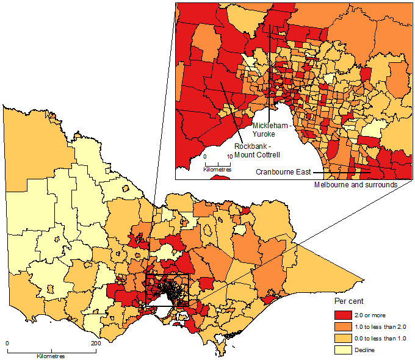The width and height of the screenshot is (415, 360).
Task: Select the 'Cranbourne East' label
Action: pyautogui.click(x=284, y=173)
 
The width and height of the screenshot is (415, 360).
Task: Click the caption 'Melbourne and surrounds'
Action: pyautogui.click(x=355, y=184)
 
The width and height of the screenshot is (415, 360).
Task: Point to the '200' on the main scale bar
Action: pyautogui.click(x=95, y=344)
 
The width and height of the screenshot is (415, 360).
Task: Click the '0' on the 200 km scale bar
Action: pyautogui.click(x=7, y=344)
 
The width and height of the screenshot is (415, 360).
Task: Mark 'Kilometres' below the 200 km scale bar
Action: pyautogui.click(x=51, y=356)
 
